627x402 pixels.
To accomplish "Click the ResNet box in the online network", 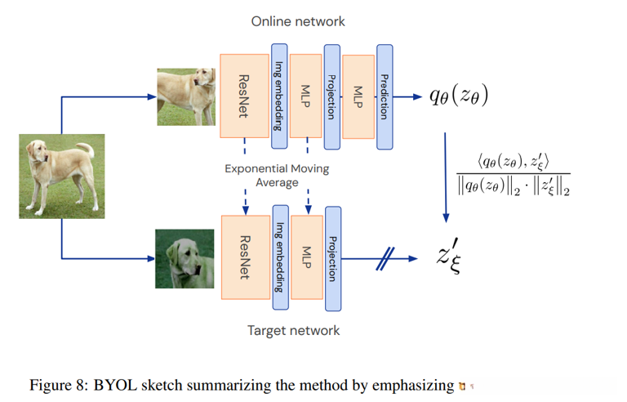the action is click(244, 96).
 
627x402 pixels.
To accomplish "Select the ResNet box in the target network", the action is click(246, 257).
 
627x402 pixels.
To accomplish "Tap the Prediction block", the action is click(385, 97).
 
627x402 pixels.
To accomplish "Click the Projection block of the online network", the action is click(332, 97).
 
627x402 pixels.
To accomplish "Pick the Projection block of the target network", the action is click(333, 259).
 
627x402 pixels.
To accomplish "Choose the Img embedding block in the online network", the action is click(279, 96).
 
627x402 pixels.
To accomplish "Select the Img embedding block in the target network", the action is click(280, 257).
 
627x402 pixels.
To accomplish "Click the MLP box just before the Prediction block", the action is click(358, 97).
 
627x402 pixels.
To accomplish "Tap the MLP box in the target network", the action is click(307, 257).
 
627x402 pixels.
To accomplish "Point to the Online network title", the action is click(298, 21).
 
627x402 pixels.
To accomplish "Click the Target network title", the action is click(294, 330).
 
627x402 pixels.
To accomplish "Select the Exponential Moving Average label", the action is click(277, 176).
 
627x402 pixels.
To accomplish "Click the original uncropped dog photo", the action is click(62, 176).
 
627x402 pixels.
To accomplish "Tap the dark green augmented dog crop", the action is click(185, 259).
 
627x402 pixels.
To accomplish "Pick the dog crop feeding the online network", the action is click(186, 97).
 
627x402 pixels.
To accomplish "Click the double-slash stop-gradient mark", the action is click(385, 259).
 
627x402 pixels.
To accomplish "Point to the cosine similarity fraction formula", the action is click(514, 174).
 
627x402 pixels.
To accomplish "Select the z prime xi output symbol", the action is click(449, 256).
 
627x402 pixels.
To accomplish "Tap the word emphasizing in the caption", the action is click(413, 386).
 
